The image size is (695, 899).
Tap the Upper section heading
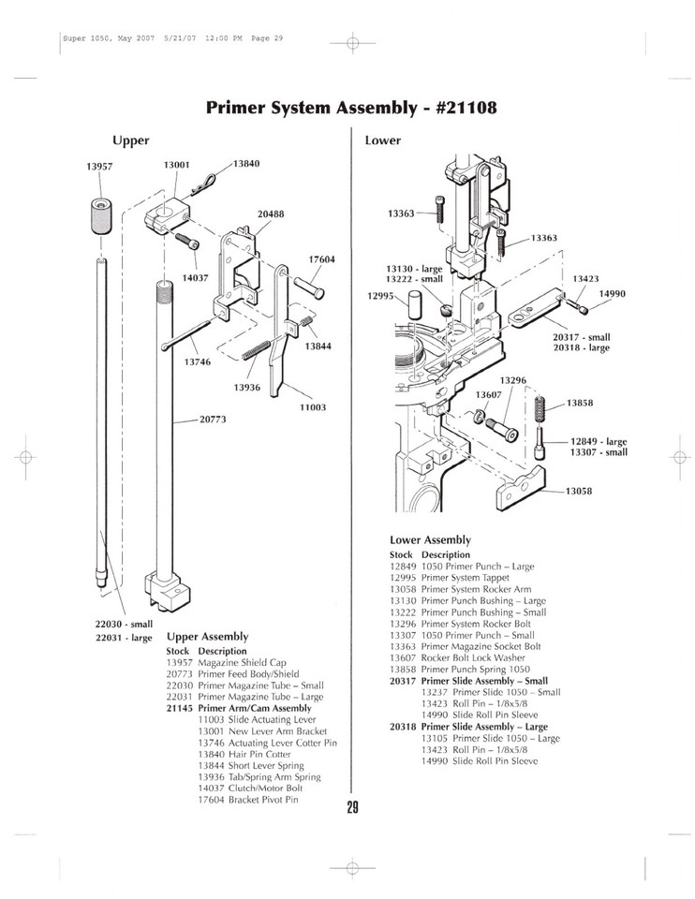pyautogui.click(x=130, y=140)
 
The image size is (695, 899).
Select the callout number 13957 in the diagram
pyautogui.click(x=99, y=166)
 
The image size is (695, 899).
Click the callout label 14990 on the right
pyautogui.click(x=614, y=294)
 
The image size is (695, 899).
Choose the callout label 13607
pyautogui.click(x=489, y=394)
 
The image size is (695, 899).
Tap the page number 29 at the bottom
pyautogui.click(x=352, y=809)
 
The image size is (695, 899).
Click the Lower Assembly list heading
pyautogui.click(x=430, y=540)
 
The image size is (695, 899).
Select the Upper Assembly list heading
pyautogui.click(x=207, y=636)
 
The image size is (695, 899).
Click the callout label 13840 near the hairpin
pyautogui.click(x=246, y=164)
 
